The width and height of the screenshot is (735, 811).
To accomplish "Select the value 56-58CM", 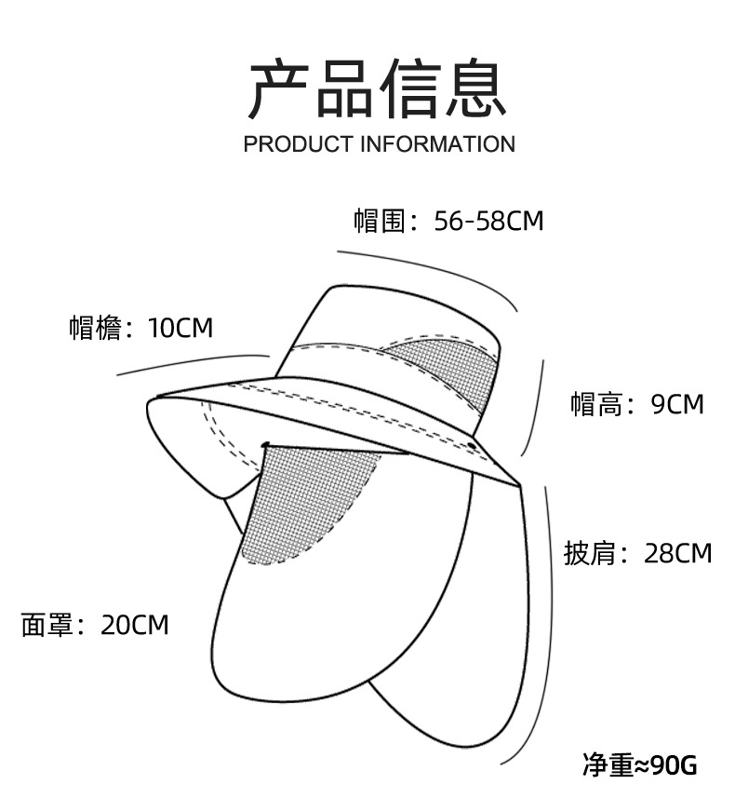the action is point(488,221).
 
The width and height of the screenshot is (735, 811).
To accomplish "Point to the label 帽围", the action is point(381,221).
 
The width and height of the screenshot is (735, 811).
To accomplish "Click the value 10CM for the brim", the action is point(180,328).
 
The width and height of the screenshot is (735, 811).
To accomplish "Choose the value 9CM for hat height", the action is point(677,404).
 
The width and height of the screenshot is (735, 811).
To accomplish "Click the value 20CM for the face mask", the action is point(135,625).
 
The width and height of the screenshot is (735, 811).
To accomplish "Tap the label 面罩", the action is point(47,625).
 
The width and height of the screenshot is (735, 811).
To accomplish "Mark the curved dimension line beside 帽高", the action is point(539,410).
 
